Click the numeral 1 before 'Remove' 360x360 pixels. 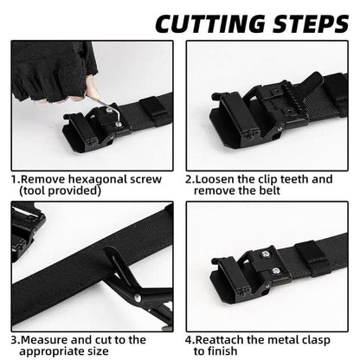tap(14, 179)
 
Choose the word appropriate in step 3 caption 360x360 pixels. tap(56, 352)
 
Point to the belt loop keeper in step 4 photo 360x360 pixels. tap(315, 260)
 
